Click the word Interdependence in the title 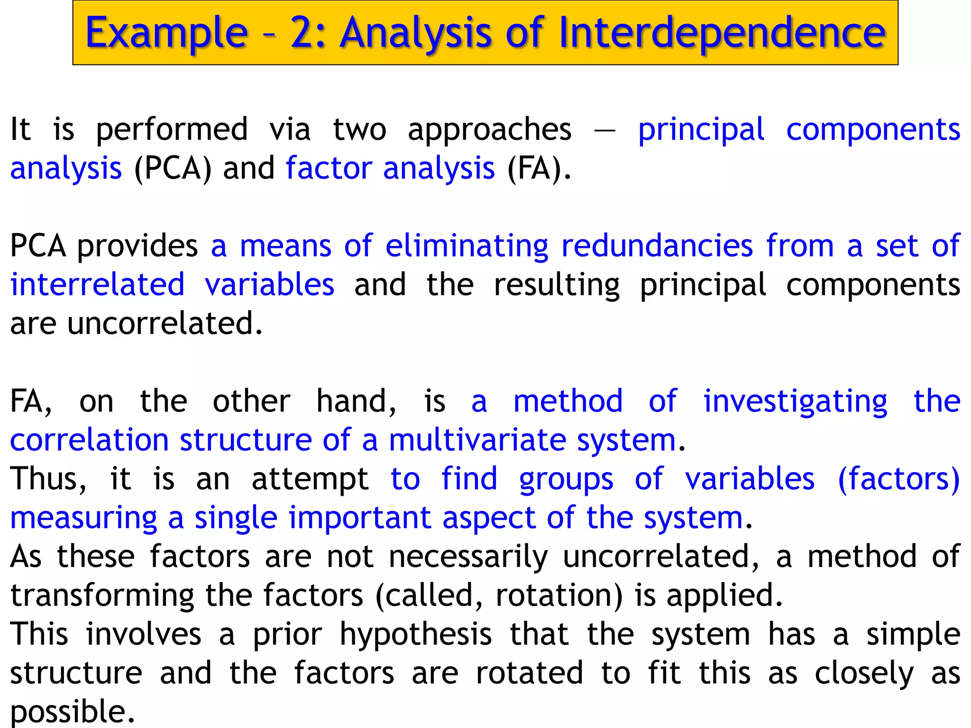(722, 33)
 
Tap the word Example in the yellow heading (166, 33)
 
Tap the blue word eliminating (467, 246)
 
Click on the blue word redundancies (657, 246)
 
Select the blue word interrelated (97, 285)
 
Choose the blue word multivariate (477, 441)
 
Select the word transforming (102, 596)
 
